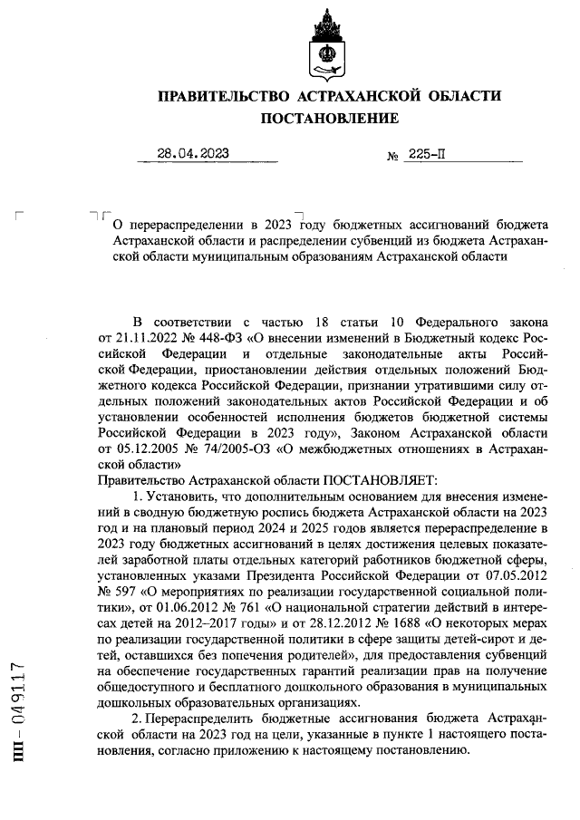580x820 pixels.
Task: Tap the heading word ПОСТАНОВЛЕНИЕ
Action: click(330, 119)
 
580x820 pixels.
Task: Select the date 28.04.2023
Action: click(193, 153)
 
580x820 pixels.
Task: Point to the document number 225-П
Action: click(427, 154)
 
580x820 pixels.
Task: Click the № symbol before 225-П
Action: click(393, 155)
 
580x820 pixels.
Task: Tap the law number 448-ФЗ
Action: click(209, 338)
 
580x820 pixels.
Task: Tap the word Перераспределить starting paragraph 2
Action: click(199, 719)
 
